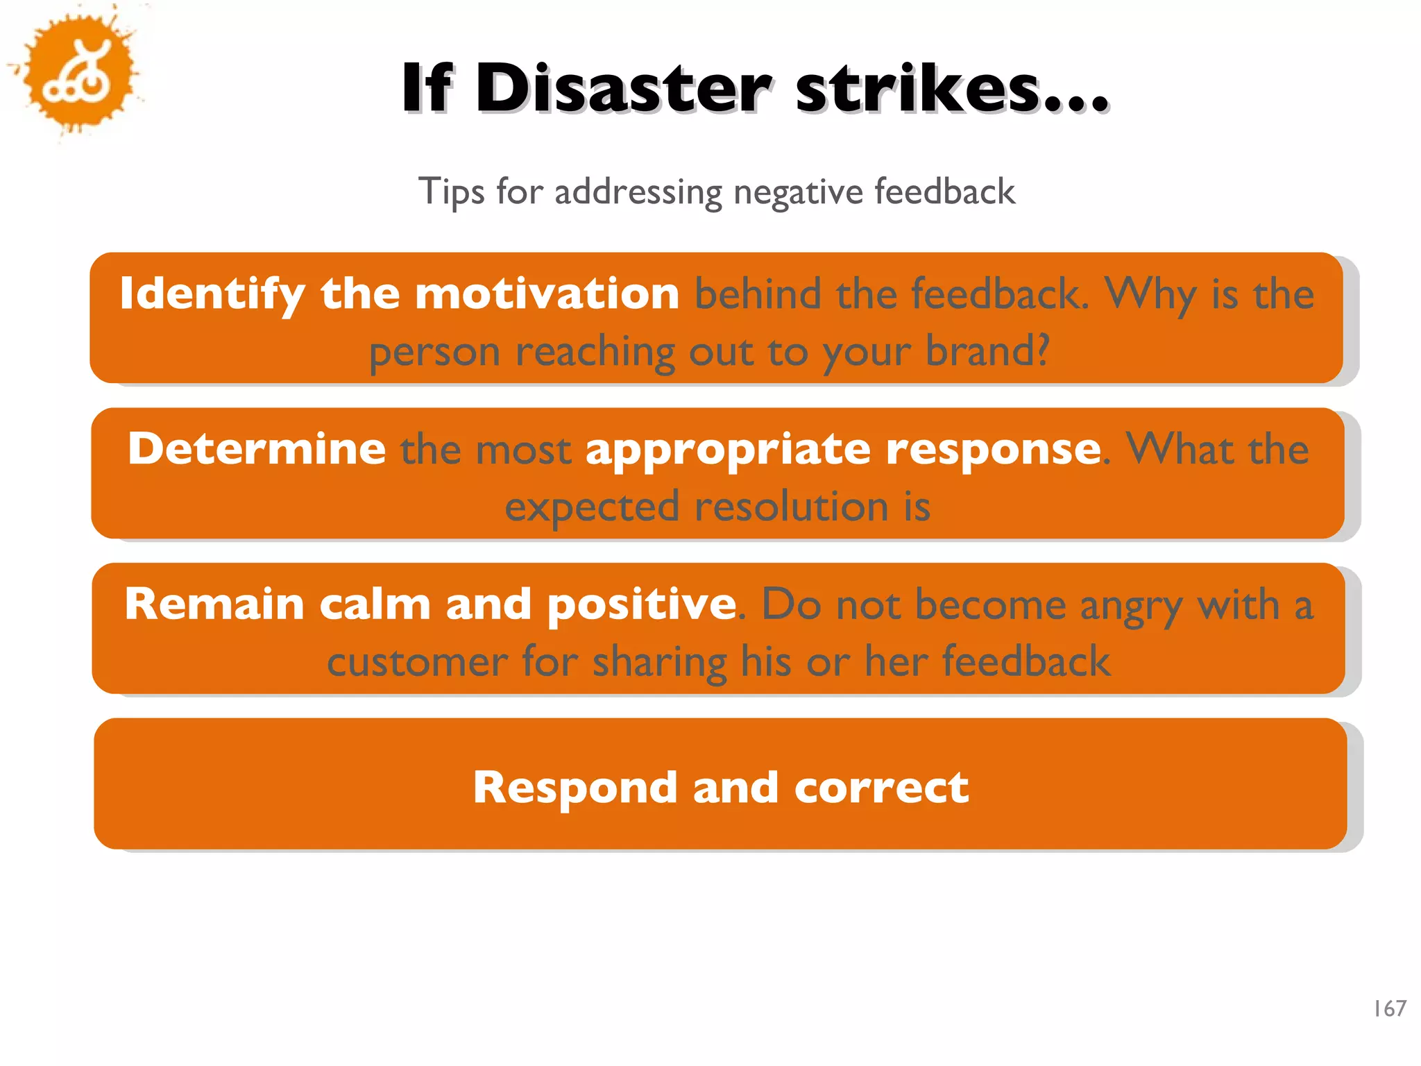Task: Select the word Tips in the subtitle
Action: tap(451, 192)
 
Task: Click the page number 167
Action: tap(1390, 1008)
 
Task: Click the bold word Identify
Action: tap(212, 294)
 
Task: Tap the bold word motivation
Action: tap(547, 293)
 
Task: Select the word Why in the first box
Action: tap(1150, 294)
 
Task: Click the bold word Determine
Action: tap(257, 448)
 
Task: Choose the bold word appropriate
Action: tap(728, 450)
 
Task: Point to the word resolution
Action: tap(791, 506)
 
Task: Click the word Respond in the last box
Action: tap(575, 788)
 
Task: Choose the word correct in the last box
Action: tap(881, 787)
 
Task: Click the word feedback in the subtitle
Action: tap(944, 192)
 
